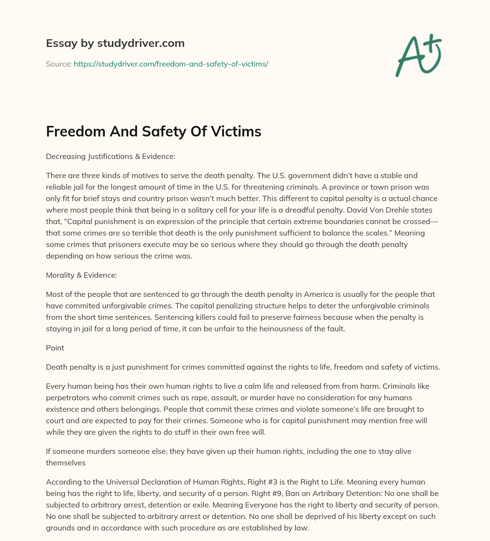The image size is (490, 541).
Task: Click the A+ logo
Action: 418,56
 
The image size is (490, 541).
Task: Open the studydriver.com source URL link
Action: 171,64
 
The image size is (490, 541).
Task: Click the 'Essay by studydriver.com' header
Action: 115,43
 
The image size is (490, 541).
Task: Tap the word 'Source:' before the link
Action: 59,64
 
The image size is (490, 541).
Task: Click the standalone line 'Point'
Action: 55,348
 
